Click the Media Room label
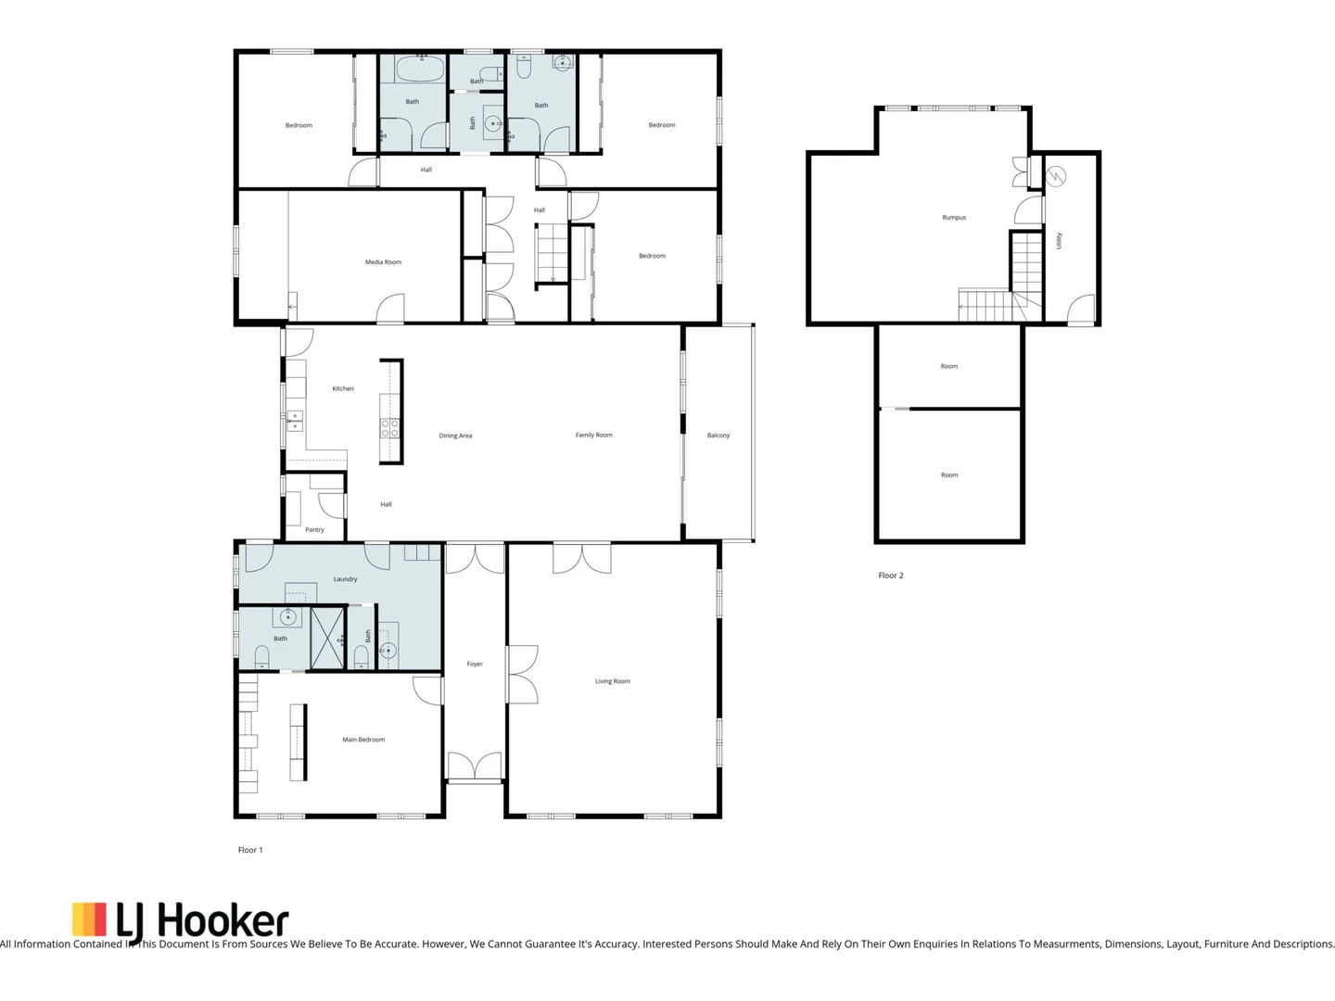point(383,262)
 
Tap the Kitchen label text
point(343,388)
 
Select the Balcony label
point(718,435)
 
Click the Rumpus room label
point(954,218)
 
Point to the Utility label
point(1059,240)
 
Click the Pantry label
point(315,530)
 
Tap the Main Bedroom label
point(363,740)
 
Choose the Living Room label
point(612,681)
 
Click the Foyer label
point(475,664)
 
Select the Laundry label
point(345,579)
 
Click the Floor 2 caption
point(890,576)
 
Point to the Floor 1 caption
point(250,850)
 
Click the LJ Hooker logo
point(181,920)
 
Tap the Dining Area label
point(455,436)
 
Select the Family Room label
point(593,435)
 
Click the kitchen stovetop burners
point(390,427)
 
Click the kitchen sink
point(295,420)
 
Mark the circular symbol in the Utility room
point(1056,175)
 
